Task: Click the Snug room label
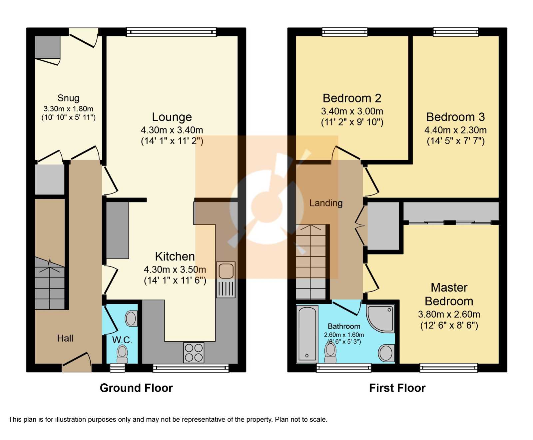(x=68, y=98)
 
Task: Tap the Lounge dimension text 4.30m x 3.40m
(x=172, y=130)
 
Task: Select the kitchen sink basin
(x=226, y=271)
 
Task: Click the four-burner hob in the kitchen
(x=194, y=353)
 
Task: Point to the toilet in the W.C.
(x=122, y=354)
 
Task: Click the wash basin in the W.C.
(x=131, y=319)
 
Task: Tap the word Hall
(x=65, y=338)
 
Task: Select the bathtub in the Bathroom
(x=307, y=334)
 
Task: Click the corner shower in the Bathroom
(x=380, y=318)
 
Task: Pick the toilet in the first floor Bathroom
(x=330, y=353)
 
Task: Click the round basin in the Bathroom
(x=386, y=353)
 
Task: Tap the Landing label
(x=326, y=203)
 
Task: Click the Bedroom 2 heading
(x=352, y=98)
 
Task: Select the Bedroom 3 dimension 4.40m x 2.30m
(x=455, y=130)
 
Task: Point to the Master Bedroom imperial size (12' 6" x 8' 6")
(x=449, y=325)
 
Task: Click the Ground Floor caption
(x=136, y=388)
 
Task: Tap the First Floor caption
(x=397, y=388)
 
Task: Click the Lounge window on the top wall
(x=172, y=32)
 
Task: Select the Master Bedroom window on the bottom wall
(x=449, y=368)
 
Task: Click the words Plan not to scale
(x=301, y=419)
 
